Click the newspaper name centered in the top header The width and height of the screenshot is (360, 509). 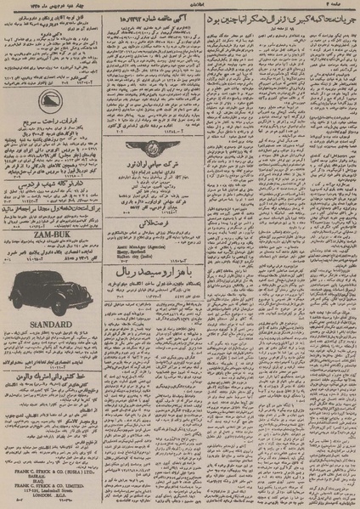pos(180,5)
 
